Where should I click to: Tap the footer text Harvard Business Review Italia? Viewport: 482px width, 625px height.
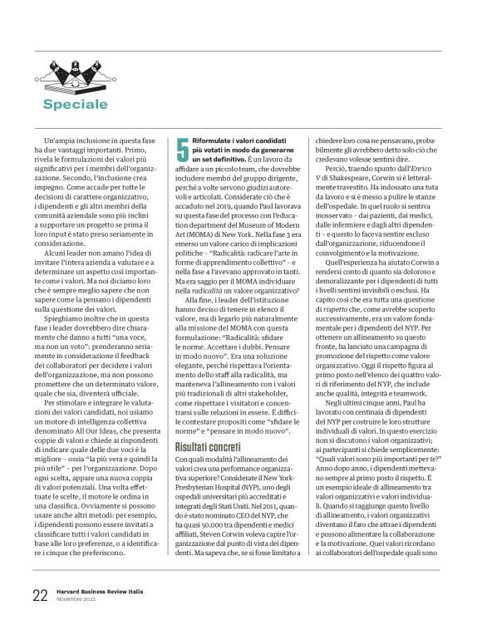pos(98,592)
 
